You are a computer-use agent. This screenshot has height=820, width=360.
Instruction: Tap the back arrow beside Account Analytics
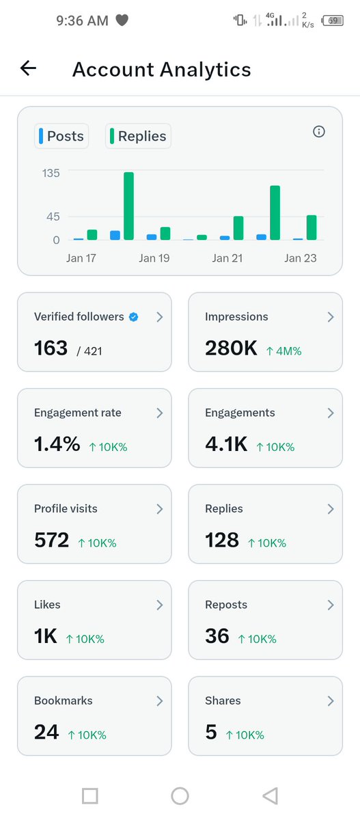(28, 68)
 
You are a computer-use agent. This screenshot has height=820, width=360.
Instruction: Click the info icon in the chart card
(318, 132)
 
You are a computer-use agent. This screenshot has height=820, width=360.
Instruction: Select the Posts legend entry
(61, 136)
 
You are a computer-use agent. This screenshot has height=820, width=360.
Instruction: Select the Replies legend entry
(137, 136)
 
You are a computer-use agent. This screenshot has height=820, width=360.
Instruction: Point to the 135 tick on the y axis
(51, 173)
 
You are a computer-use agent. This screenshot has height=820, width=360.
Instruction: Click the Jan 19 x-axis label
(154, 258)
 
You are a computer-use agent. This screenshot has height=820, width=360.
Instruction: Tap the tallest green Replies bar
(128, 206)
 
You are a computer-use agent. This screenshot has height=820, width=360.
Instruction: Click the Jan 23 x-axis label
(301, 258)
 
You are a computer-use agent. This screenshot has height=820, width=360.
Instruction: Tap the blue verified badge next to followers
(134, 317)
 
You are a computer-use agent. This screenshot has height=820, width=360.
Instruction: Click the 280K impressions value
(231, 348)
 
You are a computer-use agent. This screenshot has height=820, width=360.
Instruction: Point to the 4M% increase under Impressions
(283, 351)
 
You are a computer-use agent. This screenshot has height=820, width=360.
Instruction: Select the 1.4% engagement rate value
(57, 445)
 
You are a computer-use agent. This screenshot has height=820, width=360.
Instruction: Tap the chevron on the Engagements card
(331, 413)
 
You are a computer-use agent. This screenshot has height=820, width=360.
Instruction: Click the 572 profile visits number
(51, 541)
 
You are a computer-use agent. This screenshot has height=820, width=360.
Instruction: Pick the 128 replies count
(222, 541)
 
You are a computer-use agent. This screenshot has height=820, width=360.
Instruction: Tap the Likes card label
(47, 605)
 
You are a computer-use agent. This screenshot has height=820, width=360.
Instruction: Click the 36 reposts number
(217, 636)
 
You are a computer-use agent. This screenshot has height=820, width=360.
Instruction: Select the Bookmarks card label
(63, 700)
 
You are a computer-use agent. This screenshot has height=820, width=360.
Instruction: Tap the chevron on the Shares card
(331, 700)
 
